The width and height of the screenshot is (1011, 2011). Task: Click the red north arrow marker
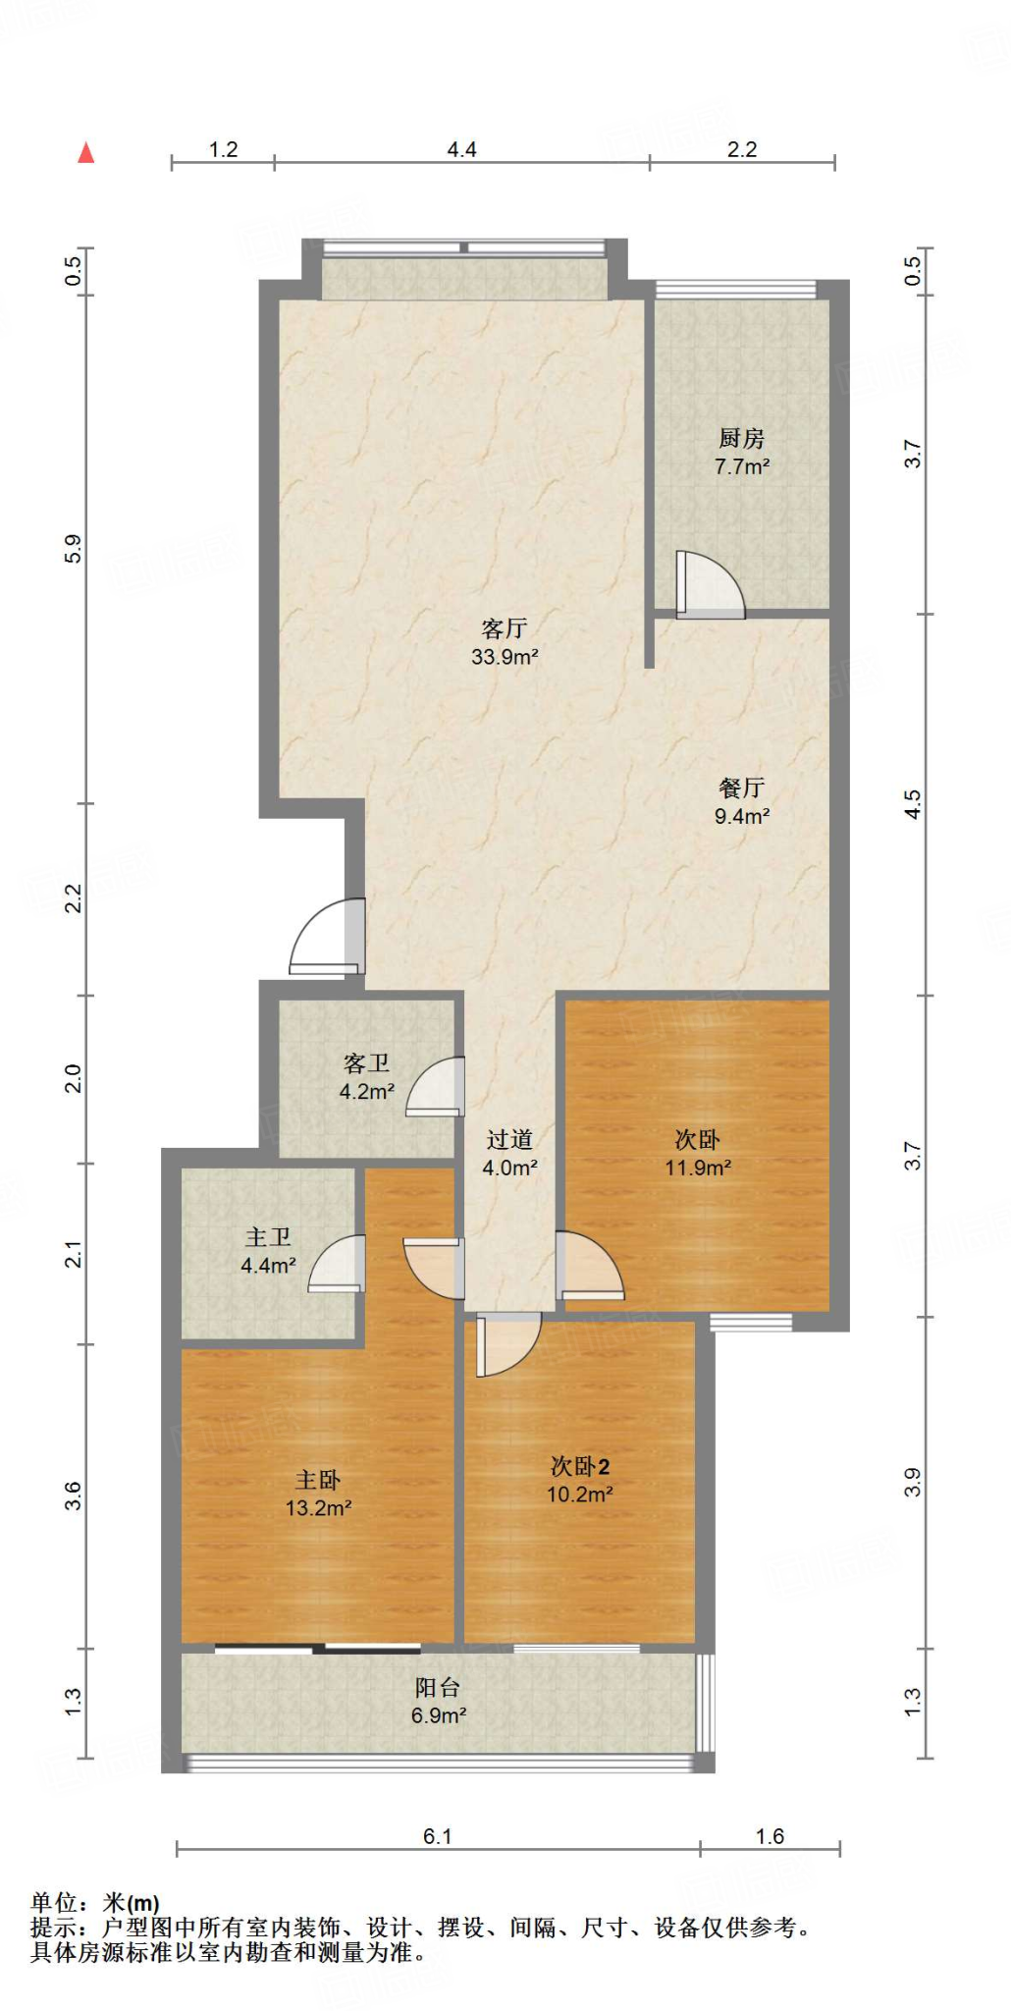[x=86, y=152]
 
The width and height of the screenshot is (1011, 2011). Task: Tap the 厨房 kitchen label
[x=741, y=438]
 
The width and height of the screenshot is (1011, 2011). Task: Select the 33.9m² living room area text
[x=505, y=657]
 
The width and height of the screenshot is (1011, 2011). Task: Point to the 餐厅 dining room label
[x=741, y=788]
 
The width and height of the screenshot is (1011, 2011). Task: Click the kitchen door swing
[x=710, y=585]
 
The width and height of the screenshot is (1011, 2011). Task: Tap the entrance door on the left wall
[x=328, y=937]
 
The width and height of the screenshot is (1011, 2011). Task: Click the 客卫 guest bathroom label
[x=366, y=1063]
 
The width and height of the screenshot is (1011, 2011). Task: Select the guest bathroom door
[x=435, y=1086]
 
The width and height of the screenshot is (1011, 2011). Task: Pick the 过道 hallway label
[x=509, y=1139]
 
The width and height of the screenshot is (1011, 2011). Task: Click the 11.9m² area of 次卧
[x=698, y=1168]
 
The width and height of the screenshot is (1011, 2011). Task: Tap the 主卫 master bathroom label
[x=268, y=1237]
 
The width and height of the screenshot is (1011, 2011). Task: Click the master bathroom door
[x=337, y=1263]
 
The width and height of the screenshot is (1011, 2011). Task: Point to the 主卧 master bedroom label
[x=318, y=1480]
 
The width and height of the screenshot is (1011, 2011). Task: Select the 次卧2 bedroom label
[x=580, y=1466]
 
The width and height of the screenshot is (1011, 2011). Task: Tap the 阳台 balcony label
[x=438, y=1687]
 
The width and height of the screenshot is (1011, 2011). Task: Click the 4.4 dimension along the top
[x=461, y=149]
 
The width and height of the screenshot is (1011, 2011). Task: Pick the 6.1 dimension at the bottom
[x=437, y=1836]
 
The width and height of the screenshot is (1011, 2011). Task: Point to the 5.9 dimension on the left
[x=73, y=549]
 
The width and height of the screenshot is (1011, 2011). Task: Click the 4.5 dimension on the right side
[x=913, y=805]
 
